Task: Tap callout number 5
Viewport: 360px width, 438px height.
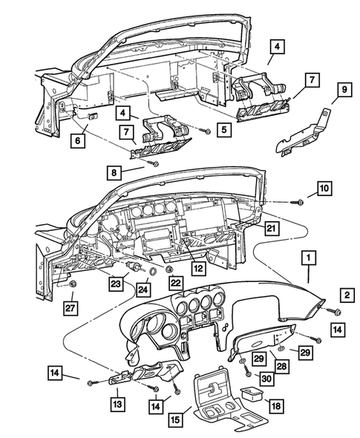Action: pos(223,128)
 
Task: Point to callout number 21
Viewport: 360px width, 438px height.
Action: pos(272,227)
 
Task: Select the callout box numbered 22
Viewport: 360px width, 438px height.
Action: pos(174,284)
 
